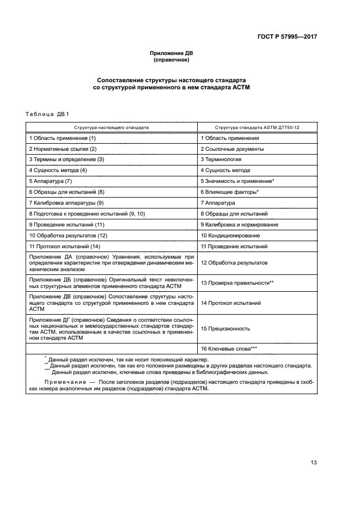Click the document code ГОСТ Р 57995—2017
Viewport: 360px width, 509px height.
pos(287,38)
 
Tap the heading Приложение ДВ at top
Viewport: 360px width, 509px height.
pos(171,53)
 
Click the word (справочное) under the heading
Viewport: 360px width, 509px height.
pos(171,60)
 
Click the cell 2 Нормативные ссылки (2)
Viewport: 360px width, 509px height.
pos(63,149)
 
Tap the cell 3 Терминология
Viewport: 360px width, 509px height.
pos(221,160)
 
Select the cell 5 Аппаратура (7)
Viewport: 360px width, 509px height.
pos(51,181)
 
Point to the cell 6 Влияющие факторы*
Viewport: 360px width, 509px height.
pos(229,192)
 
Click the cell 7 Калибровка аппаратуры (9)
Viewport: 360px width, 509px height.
pos(66,203)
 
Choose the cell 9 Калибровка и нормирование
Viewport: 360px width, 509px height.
pos(239,224)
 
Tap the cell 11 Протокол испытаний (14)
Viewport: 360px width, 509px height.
pos(65,246)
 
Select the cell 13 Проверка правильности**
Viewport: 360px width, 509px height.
pos(237,283)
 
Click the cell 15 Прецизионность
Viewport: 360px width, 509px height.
pos(225,328)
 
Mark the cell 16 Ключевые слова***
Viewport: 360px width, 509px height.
pos(229,348)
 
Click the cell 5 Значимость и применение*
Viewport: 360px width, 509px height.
pos(237,181)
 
